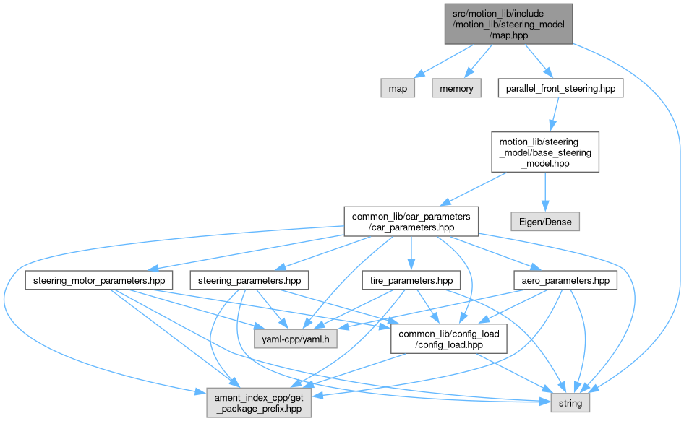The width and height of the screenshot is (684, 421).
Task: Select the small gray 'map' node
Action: pos(398,89)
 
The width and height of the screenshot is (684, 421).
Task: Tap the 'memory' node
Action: pos(457,89)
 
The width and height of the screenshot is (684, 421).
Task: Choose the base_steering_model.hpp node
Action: pos(544,151)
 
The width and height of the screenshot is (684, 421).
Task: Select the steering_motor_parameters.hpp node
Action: pos(99,280)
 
